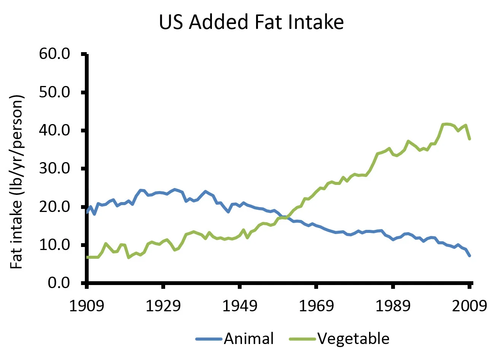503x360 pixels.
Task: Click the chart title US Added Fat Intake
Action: [251, 22]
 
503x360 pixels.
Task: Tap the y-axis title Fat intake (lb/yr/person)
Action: [17, 182]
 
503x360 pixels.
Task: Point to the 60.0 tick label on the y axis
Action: [54, 54]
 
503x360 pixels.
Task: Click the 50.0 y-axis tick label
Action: [54, 92]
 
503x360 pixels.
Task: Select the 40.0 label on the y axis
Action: [54, 130]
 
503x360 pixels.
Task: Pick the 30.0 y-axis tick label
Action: [54, 168]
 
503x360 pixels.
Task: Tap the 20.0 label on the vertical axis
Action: [54, 207]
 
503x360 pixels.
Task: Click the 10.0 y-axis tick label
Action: [54, 245]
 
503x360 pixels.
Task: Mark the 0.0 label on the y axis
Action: [59, 283]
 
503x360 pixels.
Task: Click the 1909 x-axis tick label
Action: [87, 306]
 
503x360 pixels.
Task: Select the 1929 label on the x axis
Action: [163, 306]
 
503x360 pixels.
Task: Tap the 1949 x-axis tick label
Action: [240, 306]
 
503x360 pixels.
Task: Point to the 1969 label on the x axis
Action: [316, 306]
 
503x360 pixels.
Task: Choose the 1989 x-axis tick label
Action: [393, 306]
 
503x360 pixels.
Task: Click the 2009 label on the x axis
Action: [469, 306]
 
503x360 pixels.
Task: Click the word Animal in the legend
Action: [249, 339]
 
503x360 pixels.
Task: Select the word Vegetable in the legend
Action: [353, 339]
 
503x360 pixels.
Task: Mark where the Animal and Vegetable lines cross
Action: [284, 217]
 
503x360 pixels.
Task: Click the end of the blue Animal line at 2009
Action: [470, 255]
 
